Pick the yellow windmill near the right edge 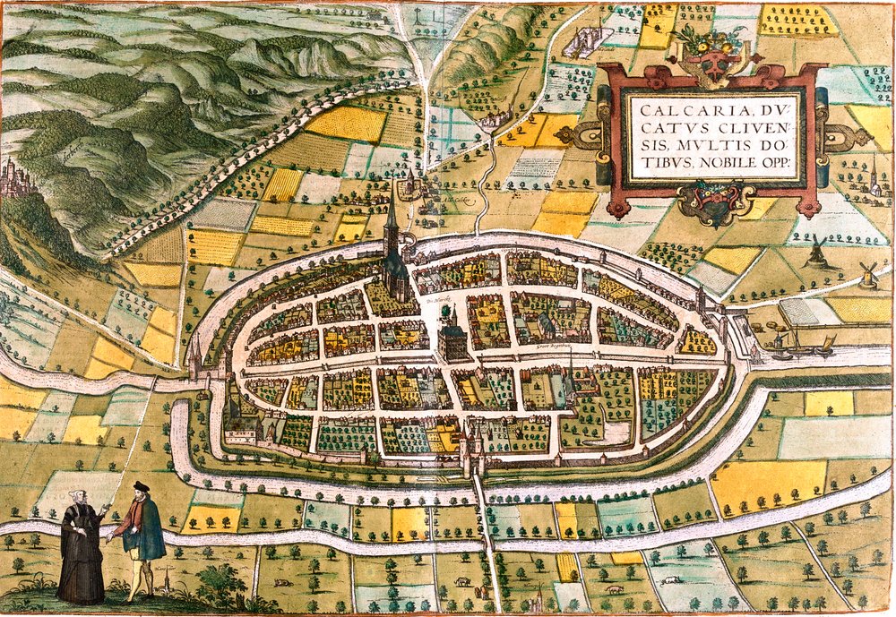tap(867, 274)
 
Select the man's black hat tap(140, 486)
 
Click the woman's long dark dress tap(82, 564)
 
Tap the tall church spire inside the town tap(392, 224)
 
